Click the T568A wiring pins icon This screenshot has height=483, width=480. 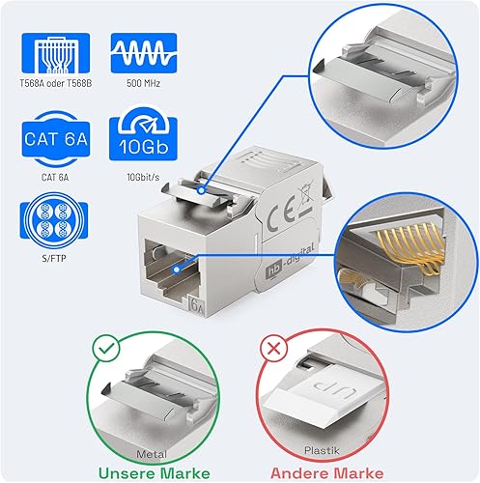click(x=56, y=53)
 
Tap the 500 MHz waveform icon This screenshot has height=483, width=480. click(x=144, y=53)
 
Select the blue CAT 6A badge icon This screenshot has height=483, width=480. click(x=56, y=139)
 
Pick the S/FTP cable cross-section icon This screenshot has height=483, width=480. click(x=54, y=220)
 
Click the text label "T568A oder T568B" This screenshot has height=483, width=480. click(x=56, y=83)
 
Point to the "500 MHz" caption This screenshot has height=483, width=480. click(x=143, y=83)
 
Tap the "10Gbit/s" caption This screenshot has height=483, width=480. click(x=143, y=177)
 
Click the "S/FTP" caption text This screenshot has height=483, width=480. click(x=54, y=258)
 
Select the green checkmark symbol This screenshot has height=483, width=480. click(x=106, y=348)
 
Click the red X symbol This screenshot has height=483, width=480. click(x=273, y=349)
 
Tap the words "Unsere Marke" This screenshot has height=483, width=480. click(x=155, y=473)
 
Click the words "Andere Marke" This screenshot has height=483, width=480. click(x=327, y=473)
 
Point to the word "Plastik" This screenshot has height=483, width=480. click(x=322, y=450)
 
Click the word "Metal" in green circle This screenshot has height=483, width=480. click(x=152, y=454)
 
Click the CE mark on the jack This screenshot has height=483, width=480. click(x=279, y=217)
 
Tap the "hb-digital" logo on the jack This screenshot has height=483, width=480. click(x=289, y=262)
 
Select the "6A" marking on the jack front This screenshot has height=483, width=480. click(x=196, y=305)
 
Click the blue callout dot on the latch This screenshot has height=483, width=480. click(x=201, y=190)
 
